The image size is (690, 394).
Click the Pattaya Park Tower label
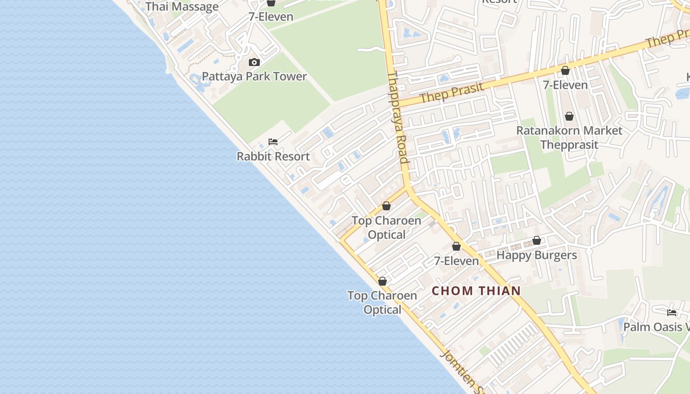pos(254,76)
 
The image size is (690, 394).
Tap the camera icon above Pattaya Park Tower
pos(254,62)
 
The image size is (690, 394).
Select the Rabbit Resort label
pos(273,157)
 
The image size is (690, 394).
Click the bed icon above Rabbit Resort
pos(273,142)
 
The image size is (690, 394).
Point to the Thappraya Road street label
pos(398,118)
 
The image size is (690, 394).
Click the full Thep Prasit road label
pos(451,92)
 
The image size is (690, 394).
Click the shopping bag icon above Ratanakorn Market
pos(569,116)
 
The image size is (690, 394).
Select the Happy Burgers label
pos(536,255)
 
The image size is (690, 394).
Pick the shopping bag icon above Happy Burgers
pos(537,240)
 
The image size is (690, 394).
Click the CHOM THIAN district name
pos(476,291)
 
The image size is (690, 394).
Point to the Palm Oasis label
pos(655,327)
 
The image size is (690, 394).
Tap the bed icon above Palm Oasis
pos(671,312)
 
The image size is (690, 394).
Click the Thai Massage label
pos(182,7)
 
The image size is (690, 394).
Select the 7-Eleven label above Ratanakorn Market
pos(565,85)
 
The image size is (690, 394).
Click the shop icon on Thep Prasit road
pos(565,70)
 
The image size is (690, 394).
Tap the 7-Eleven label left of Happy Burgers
pos(456,261)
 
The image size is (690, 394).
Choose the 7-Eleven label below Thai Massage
pos(271,17)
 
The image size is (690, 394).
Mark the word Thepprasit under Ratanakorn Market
pos(569,145)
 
